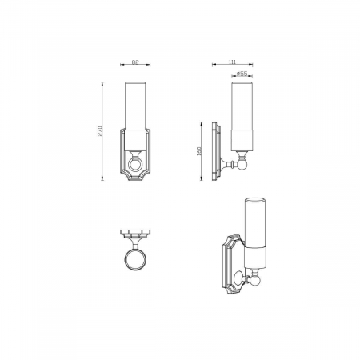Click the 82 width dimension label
(x=135, y=62)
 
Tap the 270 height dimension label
(x=100, y=131)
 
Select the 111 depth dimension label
(x=232, y=62)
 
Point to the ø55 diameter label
(x=242, y=74)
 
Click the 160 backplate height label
(x=198, y=151)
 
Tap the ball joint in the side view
(x=242, y=164)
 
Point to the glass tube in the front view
(x=135, y=106)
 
